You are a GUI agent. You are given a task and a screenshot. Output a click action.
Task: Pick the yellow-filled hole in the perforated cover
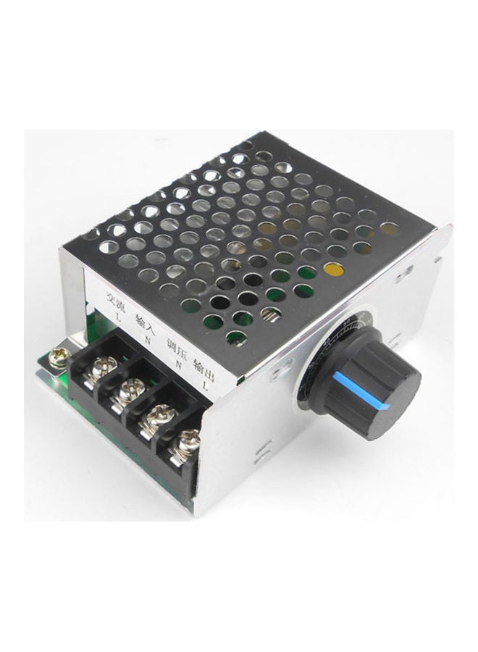[335, 271]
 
